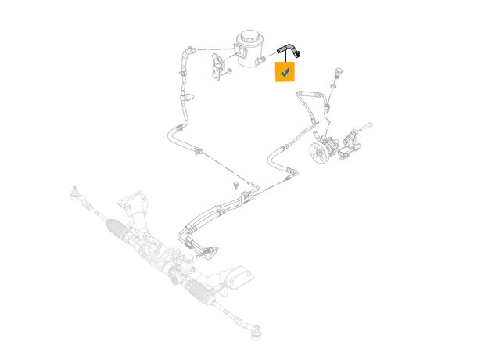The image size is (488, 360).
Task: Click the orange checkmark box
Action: click(285, 72)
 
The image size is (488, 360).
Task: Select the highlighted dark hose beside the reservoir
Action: click(285, 49)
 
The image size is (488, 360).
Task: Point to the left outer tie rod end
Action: click(75, 191)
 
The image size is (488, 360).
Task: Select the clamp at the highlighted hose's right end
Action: click(300, 53)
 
